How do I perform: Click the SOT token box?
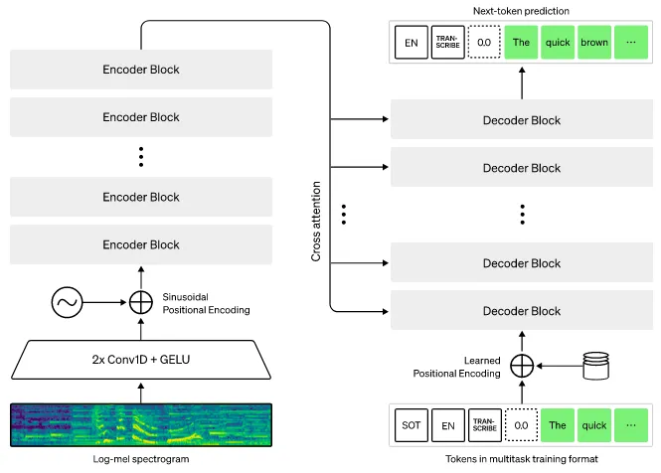(411, 425)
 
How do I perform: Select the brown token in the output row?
(593, 44)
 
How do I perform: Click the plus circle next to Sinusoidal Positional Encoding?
(140, 301)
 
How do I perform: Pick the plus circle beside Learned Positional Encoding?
(522, 365)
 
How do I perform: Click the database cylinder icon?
(595, 365)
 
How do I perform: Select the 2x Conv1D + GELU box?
(140, 360)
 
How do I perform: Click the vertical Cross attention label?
(316, 221)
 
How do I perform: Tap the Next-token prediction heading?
(522, 10)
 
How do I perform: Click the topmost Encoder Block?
(140, 70)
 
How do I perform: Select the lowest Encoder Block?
(140, 244)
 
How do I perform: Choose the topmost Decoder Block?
(522, 120)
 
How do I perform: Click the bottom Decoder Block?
(522, 311)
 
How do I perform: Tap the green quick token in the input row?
(593, 425)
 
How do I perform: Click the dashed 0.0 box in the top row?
(484, 44)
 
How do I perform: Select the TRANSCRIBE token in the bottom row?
(484, 425)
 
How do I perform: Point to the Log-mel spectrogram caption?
(140, 459)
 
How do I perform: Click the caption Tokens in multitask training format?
(522, 459)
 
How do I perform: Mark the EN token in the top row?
(411, 44)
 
